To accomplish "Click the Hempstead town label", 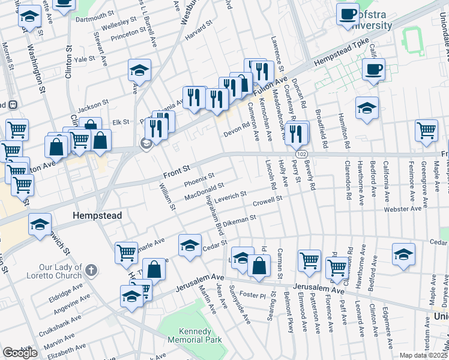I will coord(97,215).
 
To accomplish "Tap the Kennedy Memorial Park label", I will coord(194,335).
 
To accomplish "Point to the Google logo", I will coord(20,353).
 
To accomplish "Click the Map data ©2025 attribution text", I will coord(423,355).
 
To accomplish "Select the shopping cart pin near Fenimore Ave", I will coord(426,130).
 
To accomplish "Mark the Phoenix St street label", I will coord(199,179).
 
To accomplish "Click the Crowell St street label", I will coord(267,201).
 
